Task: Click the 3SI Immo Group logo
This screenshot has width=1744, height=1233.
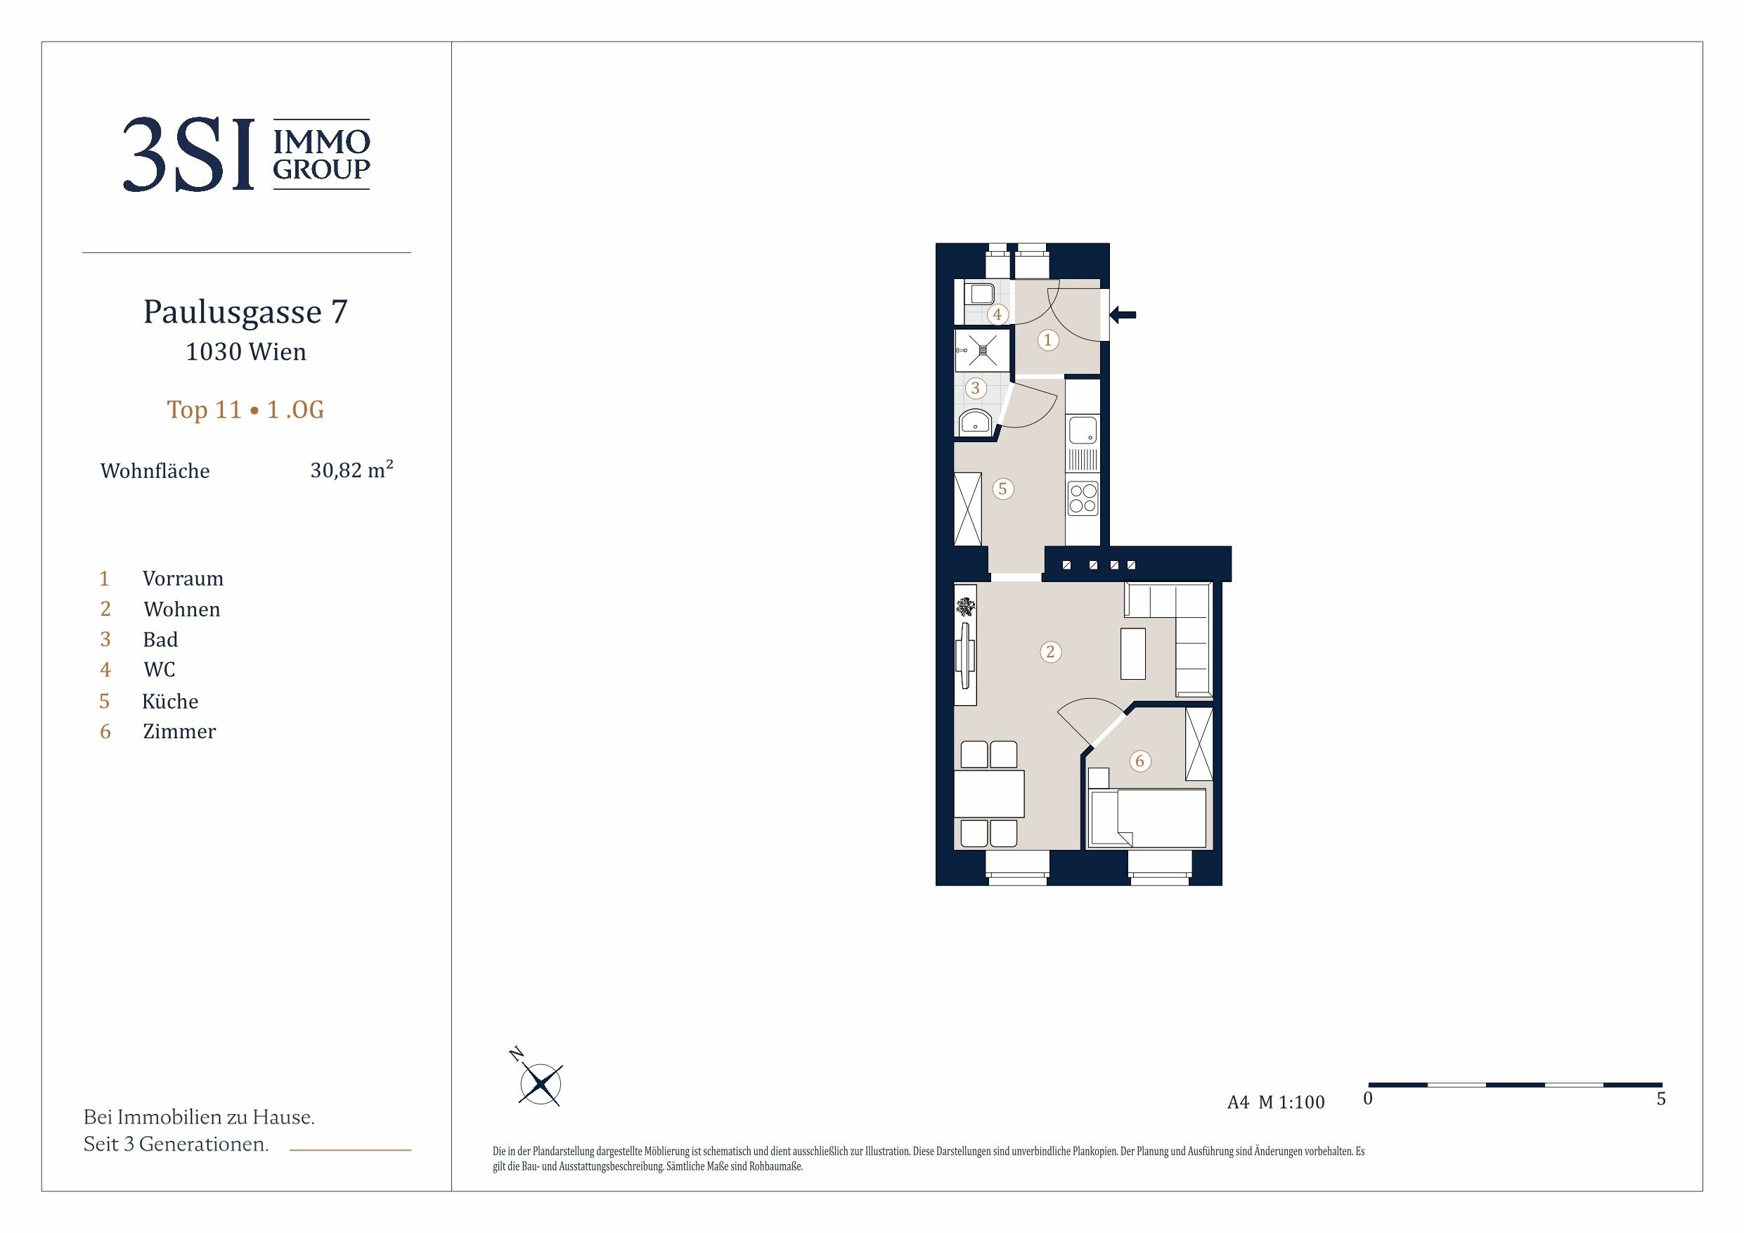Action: click(x=246, y=154)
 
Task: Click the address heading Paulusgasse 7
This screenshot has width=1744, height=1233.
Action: click(x=245, y=312)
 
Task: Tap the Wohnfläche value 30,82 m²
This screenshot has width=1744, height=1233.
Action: click(x=351, y=470)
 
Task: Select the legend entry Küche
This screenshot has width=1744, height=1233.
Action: click(x=170, y=700)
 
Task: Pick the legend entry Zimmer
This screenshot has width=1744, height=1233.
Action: click(x=179, y=731)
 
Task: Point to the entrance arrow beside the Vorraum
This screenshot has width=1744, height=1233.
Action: click(x=1123, y=314)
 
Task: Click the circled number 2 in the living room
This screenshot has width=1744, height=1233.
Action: click(x=1050, y=651)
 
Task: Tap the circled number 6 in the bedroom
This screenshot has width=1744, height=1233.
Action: click(x=1139, y=761)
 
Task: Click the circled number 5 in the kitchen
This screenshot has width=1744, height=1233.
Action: click(x=1002, y=489)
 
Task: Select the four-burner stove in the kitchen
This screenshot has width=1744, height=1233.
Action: click(x=1083, y=498)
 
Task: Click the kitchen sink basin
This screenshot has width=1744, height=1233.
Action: click(x=1083, y=430)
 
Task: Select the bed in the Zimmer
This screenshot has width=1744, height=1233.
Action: click(x=1148, y=818)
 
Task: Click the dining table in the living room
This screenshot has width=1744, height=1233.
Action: click(x=989, y=793)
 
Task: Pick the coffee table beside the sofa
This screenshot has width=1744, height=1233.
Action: click(x=1133, y=653)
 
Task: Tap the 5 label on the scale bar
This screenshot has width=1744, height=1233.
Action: click(x=1661, y=1099)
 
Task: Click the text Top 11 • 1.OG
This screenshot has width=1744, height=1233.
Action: click(x=245, y=410)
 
